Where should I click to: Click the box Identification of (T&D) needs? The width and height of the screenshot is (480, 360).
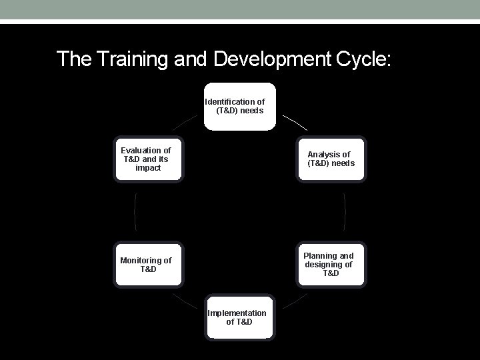[x=239, y=107]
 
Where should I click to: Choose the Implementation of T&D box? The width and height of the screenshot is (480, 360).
[x=239, y=318]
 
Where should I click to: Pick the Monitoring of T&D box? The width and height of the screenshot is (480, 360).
[x=147, y=265]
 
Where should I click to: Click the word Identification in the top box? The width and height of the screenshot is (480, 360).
[x=229, y=102]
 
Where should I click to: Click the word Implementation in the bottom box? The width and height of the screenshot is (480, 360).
[x=237, y=313]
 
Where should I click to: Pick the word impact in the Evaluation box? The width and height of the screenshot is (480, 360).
[x=147, y=168]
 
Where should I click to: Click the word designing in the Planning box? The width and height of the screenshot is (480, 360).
[x=324, y=265]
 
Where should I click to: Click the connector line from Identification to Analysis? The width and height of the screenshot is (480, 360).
[x=295, y=121]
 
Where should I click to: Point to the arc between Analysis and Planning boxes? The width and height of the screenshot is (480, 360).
[x=345, y=212]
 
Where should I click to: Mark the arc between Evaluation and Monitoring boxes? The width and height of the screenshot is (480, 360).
[x=135, y=212]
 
